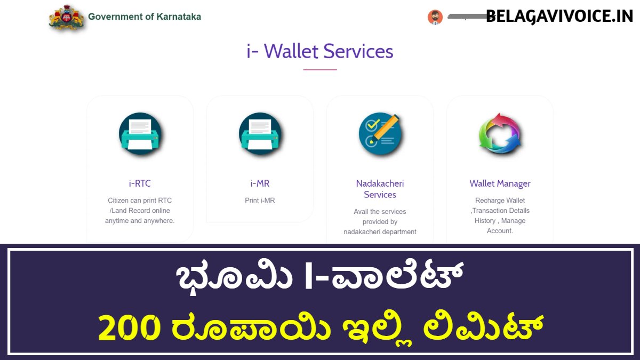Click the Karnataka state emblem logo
click(x=67, y=17)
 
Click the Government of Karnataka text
click(x=145, y=17)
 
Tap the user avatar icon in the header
click(x=435, y=17)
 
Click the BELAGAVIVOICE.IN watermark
click(x=559, y=17)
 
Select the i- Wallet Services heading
click(x=319, y=51)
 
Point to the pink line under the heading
click(x=320, y=69)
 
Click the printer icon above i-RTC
click(x=140, y=134)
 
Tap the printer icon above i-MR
click(x=260, y=134)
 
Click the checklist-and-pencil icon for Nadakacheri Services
click(x=380, y=134)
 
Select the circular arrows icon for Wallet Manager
click(x=500, y=134)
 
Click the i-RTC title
click(x=140, y=183)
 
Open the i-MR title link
click(x=260, y=183)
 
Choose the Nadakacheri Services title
click(x=380, y=189)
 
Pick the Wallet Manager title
click(x=500, y=183)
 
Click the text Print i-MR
click(x=260, y=201)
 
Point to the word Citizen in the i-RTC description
click(x=118, y=201)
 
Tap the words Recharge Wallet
click(x=500, y=201)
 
